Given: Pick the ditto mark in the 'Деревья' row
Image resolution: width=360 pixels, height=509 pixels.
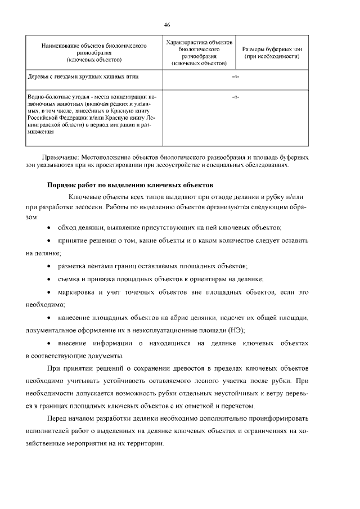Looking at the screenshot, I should pos(235,75).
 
